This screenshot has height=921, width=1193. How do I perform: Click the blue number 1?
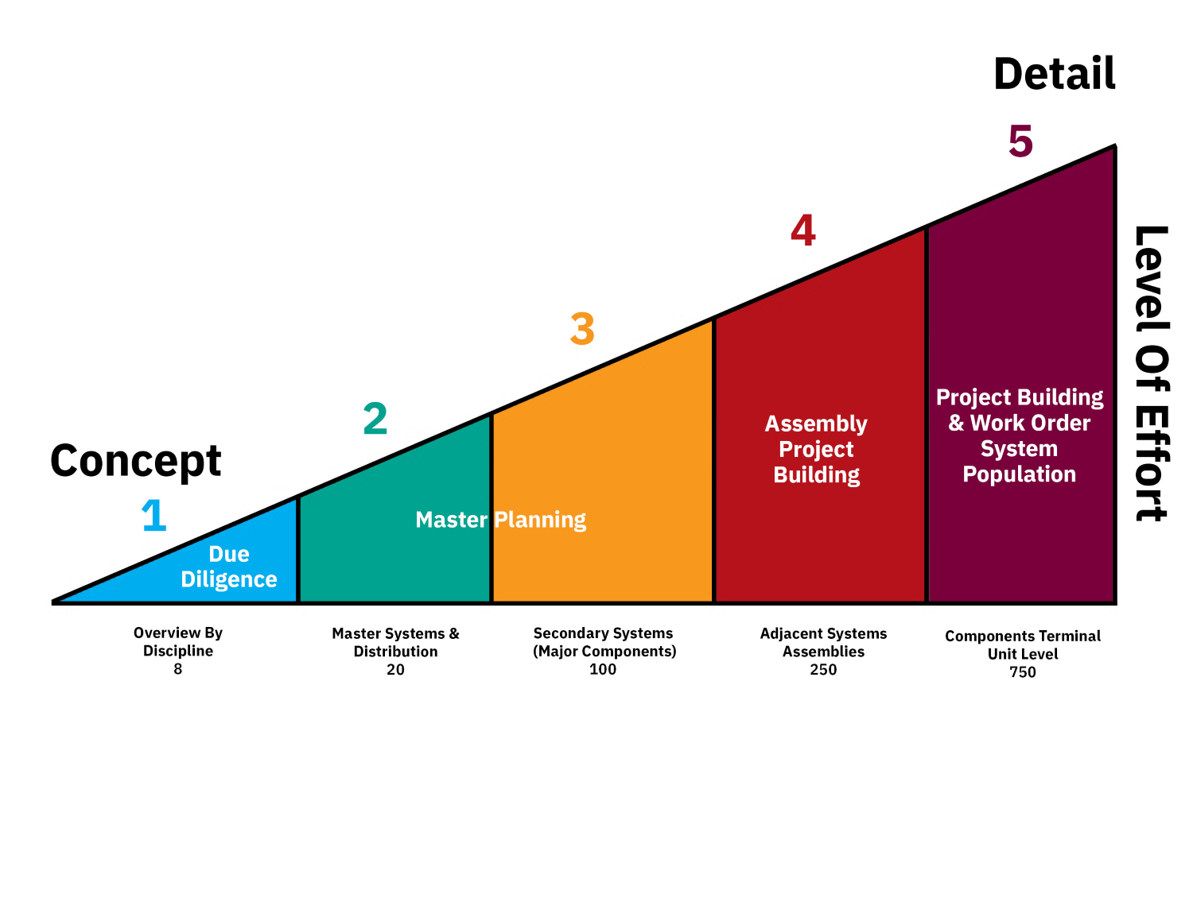point(154,516)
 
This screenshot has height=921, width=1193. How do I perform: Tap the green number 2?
point(375,419)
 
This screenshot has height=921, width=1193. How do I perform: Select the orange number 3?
point(582,329)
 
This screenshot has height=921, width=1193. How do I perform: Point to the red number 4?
point(803,230)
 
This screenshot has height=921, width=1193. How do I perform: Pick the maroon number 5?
point(1020,141)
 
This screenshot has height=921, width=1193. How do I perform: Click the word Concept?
point(136,462)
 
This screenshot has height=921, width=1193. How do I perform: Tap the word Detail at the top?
point(1055,74)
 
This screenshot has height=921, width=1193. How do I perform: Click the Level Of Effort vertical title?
point(1151,373)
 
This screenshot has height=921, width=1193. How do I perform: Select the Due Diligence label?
point(229,567)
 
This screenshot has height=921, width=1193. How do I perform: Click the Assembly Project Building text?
point(817,449)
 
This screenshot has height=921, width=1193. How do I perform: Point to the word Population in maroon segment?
point(1019,474)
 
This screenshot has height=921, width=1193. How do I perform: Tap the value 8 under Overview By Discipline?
point(178,669)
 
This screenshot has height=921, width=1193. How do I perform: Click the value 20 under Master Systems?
point(395,670)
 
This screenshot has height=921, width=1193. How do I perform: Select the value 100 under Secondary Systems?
point(603,669)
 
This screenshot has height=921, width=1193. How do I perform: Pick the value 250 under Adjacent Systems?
point(823,670)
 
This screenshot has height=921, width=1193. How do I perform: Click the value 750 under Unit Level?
point(1023,672)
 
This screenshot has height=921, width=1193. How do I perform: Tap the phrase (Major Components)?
point(604,652)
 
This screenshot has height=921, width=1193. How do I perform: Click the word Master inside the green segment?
point(451,520)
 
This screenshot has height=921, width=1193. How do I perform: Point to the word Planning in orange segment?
point(540,520)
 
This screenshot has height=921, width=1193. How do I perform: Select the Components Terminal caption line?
point(1023,636)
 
